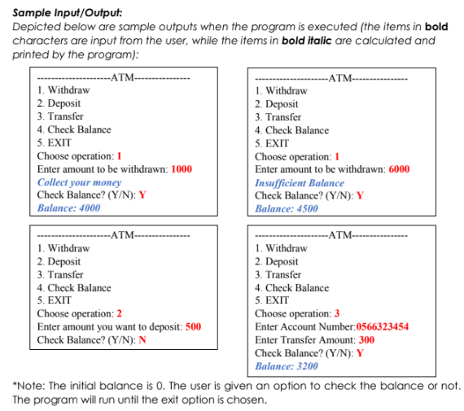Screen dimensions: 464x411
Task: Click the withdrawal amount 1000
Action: click(x=182, y=169)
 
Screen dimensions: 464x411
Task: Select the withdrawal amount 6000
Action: click(x=399, y=169)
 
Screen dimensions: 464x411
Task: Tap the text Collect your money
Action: click(x=79, y=182)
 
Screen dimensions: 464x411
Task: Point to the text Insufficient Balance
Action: click(x=299, y=182)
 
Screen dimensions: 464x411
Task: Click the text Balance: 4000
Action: click(x=69, y=208)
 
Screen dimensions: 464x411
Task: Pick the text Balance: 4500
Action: click(x=287, y=208)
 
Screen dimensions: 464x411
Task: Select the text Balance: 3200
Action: click(x=287, y=366)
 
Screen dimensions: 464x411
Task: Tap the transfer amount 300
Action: click(x=366, y=340)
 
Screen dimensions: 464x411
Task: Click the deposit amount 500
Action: click(x=193, y=327)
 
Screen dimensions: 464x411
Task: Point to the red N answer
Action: click(x=142, y=340)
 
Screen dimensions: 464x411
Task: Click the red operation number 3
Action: click(x=337, y=314)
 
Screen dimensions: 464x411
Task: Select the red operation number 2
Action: click(x=120, y=314)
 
